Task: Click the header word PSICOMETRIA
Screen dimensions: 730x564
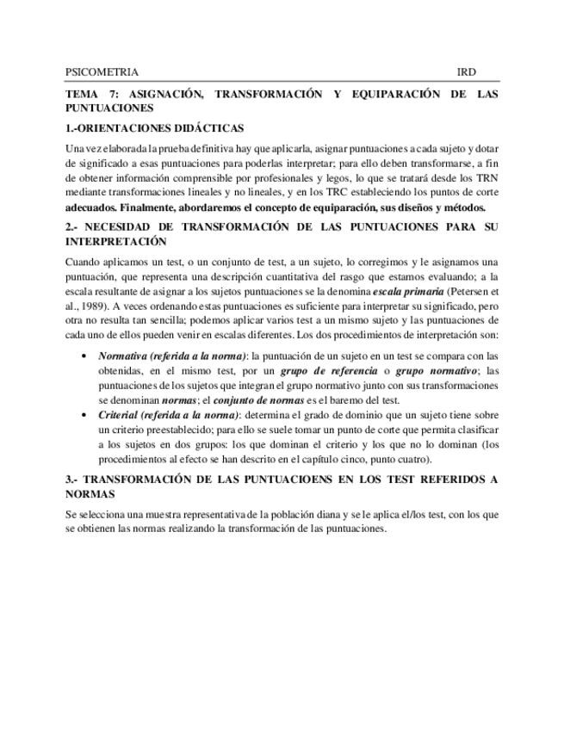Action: [x=102, y=72]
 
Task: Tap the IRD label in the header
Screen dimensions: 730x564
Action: [x=467, y=72]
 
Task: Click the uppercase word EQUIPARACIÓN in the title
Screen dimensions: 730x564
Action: [x=391, y=93]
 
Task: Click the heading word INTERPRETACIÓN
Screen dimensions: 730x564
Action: [x=116, y=241]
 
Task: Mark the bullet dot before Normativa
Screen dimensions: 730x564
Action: [x=83, y=356]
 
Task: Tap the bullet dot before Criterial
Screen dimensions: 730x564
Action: [x=83, y=415]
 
